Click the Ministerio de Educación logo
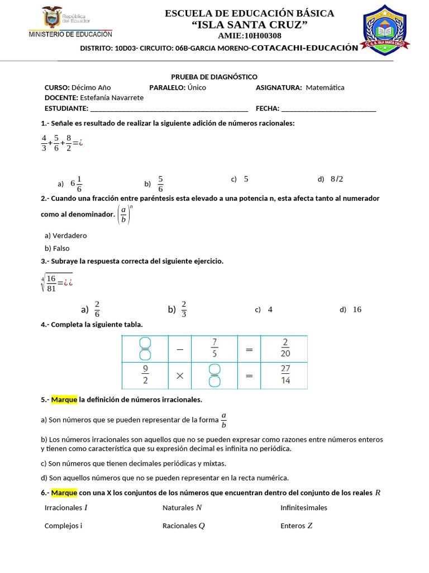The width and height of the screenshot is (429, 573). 70,22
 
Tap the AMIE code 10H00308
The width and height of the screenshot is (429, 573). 249,36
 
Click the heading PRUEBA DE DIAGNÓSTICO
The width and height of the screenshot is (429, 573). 214,77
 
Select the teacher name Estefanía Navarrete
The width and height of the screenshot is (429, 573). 108,97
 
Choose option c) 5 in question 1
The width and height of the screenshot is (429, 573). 240,179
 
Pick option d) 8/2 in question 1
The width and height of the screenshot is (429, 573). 331,179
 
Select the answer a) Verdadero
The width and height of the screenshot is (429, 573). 65,236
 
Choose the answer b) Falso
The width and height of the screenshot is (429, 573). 57,248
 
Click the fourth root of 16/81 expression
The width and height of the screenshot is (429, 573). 56,283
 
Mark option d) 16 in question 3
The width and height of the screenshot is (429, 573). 351,309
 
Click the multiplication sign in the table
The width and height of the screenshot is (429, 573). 180,376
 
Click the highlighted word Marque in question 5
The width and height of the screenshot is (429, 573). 64,400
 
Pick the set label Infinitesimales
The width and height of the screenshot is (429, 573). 304,508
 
